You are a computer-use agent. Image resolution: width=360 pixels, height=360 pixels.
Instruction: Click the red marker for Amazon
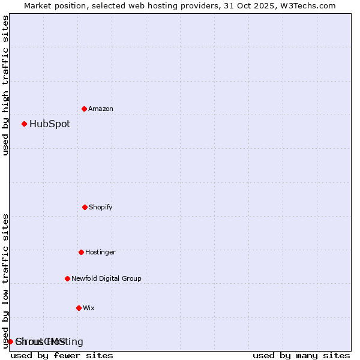[x=84, y=109]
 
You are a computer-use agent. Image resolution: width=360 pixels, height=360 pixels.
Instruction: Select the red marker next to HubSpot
[x=24, y=124]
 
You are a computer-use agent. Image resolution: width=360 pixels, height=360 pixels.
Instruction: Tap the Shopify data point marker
[x=85, y=207]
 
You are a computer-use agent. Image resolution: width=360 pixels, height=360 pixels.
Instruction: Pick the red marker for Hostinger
[x=81, y=252]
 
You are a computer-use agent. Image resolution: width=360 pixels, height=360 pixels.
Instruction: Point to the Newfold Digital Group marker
[x=67, y=278]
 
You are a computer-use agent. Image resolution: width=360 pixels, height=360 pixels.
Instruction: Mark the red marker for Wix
[x=79, y=308]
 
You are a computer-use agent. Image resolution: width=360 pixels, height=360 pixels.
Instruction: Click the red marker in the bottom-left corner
[x=10, y=341]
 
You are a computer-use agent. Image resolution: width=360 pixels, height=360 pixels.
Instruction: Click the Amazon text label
[x=101, y=109]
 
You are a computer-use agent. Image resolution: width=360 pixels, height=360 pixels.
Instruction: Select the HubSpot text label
[x=50, y=124]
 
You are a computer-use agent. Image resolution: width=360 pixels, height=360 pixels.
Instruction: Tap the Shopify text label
[x=101, y=207]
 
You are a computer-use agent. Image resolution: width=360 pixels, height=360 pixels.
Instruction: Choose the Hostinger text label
[x=100, y=252]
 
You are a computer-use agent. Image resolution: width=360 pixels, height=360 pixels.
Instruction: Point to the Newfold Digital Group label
[x=106, y=278]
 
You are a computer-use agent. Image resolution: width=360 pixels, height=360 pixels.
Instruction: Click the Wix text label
[x=89, y=308]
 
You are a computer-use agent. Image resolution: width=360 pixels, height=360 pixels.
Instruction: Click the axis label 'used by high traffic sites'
[x=6, y=85]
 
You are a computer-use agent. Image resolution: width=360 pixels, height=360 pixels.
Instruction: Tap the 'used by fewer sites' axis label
[x=62, y=355]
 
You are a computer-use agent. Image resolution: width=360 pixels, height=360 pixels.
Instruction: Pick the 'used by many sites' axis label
[x=301, y=355]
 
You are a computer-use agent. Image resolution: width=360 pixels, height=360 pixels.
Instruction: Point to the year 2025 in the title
[x=265, y=5]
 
